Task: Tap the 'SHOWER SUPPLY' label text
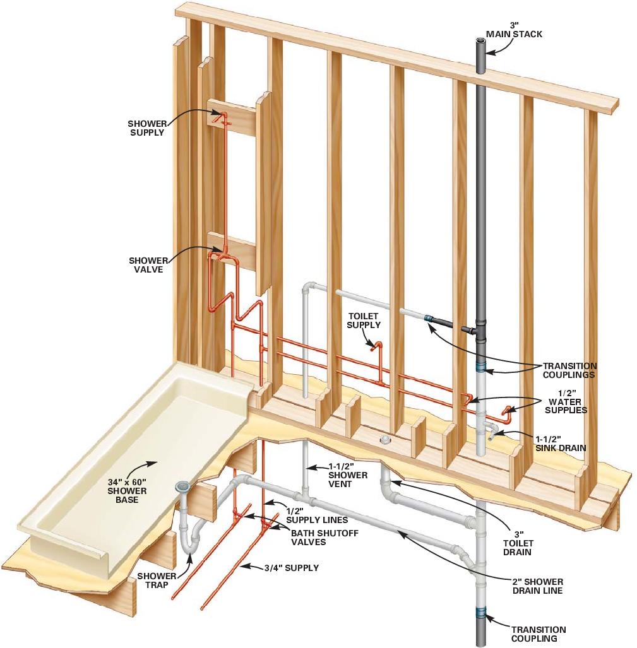click(x=146, y=128)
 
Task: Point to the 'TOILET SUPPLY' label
click(x=364, y=321)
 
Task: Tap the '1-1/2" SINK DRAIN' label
click(x=561, y=443)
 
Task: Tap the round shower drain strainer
click(x=182, y=486)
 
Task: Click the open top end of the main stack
click(x=481, y=42)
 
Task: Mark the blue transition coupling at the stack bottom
click(x=481, y=611)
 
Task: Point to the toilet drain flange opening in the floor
click(x=384, y=440)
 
